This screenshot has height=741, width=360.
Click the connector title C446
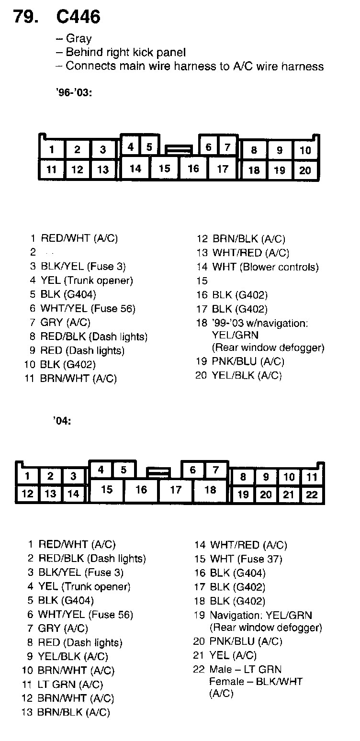[x=79, y=17]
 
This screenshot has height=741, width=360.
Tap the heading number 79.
[x=26, y=17]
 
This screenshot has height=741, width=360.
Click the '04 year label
[x=62, y=422]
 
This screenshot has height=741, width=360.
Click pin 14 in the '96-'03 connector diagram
[x=135, y=168]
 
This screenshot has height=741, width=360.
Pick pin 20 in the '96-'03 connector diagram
[x=305, y=170]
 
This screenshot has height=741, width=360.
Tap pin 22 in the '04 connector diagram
[x=312, y=494]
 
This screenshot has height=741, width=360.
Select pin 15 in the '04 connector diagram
[x=107, y=490]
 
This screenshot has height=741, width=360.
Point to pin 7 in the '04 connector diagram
[x=215, y=470]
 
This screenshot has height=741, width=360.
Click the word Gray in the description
[x=79, y=39]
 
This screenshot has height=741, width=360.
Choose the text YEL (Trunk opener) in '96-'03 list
[x=87, y=281]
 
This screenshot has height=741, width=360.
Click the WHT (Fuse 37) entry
[x=246, y=559]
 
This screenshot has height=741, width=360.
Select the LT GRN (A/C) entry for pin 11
[x=71, y=685]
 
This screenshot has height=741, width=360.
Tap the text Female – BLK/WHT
[x=256, y=681]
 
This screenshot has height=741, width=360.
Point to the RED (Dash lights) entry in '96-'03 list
[x=82, y=350]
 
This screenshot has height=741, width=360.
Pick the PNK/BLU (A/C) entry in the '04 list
[x=246, y=641]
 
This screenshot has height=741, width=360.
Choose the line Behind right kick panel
[x=125, y=52]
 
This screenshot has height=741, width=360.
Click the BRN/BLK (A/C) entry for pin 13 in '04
[x=74, y=712]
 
